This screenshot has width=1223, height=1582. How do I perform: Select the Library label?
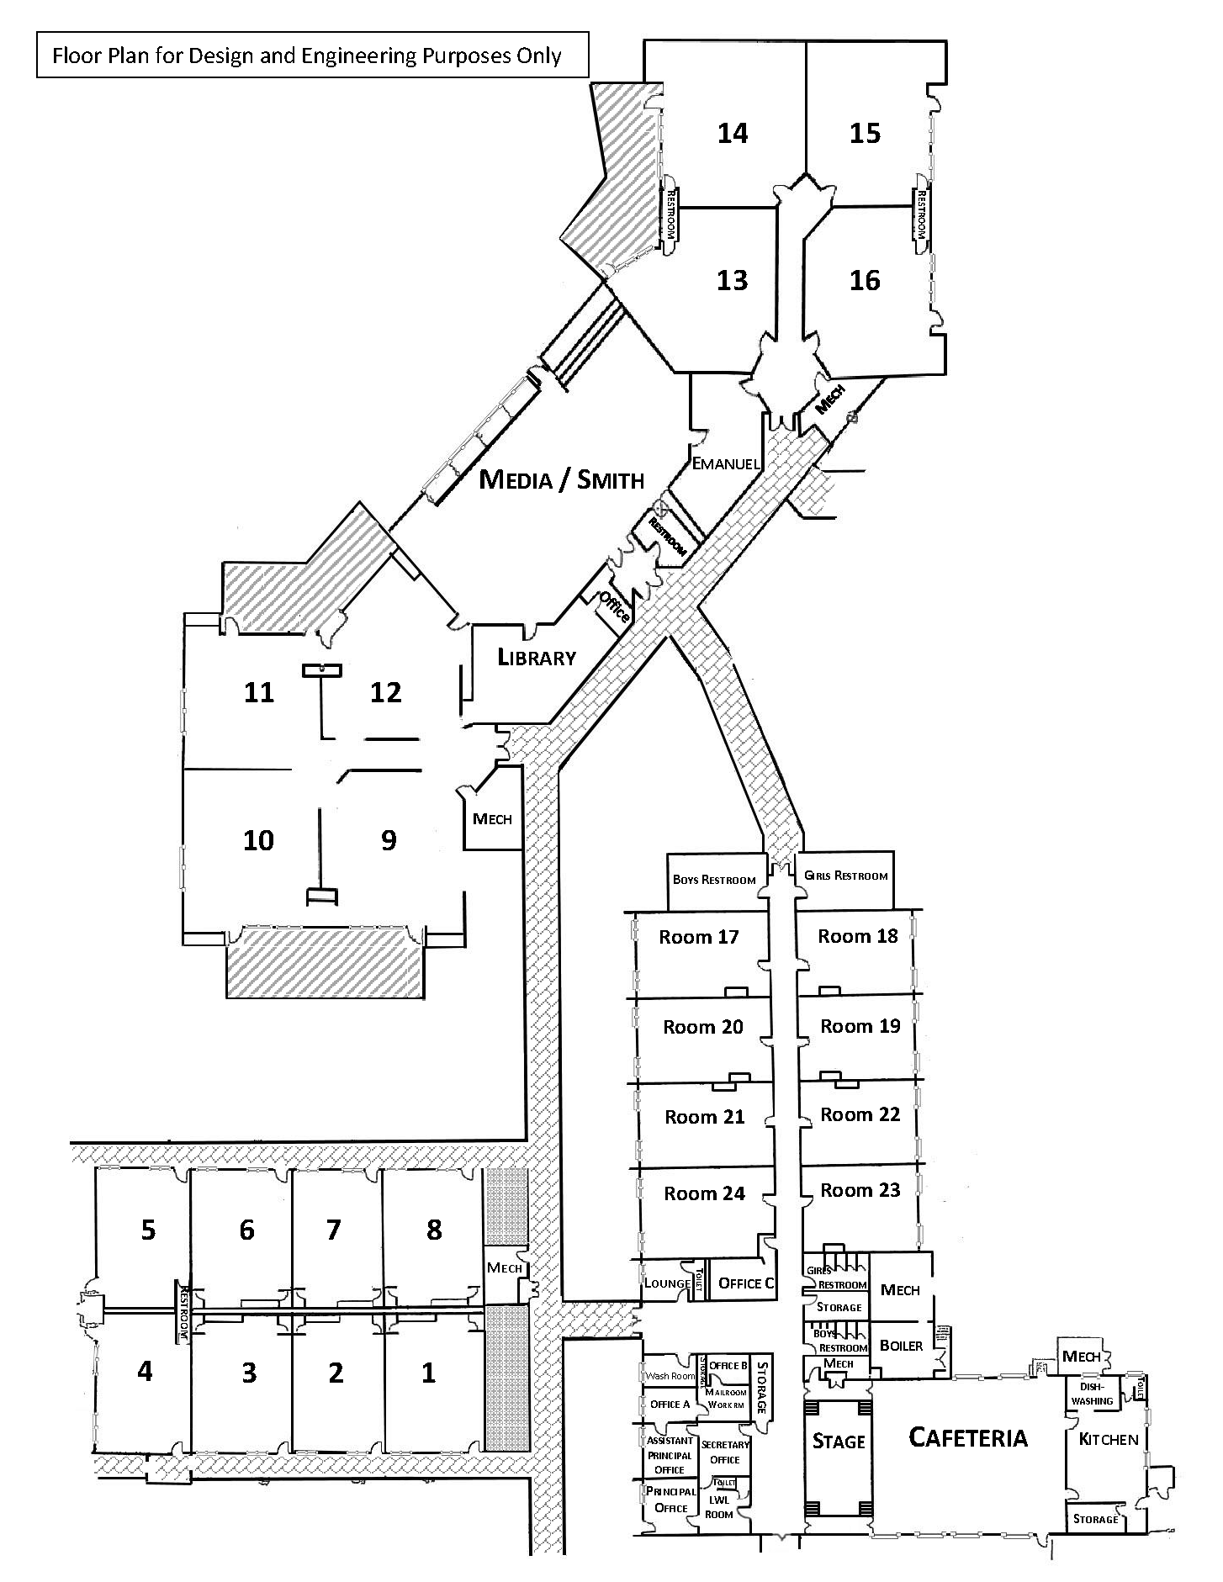(537, 657)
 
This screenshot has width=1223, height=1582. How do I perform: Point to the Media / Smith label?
(561, 480)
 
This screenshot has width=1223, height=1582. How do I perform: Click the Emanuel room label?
(725, 463)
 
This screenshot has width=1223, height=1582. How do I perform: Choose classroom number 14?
(733, 133)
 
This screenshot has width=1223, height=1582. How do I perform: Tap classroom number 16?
(865, 280)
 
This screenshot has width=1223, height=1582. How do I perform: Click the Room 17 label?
(698, 937)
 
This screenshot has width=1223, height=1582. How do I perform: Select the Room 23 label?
(860, 1190)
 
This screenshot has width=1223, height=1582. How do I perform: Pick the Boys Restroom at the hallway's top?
(714, 880)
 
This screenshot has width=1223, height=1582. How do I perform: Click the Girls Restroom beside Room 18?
(845, 876)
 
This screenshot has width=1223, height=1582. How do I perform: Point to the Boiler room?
(901, 1346)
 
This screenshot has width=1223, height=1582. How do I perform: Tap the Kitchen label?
(1108, 1439)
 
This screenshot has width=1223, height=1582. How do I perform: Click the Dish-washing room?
(1092, 1394)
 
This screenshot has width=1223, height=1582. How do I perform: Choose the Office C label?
(746, 1283)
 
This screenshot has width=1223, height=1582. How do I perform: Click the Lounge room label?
(667, 1283)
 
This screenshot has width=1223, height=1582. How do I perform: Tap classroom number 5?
(148, 1230)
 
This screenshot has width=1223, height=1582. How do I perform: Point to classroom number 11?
(259, 692)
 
